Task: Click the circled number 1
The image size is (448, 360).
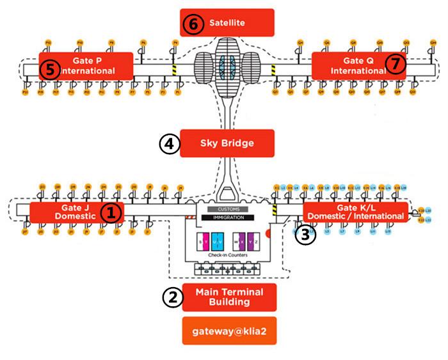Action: pyautogui.click(x=111, y=213)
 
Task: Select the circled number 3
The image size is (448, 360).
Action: pyautogui.click(x=306, y=235)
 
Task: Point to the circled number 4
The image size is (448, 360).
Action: pyautogui.click(x=168, y=144)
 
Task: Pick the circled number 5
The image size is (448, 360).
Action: pyautogui.click(x=49, y=69)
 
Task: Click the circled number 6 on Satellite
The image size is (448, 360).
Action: pyautogui.click(x=192, y=24)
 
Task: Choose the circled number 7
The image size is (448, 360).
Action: pyautogui.click(x=397, y=64)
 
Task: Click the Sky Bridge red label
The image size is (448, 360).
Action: pyautogui.click(x=227, y=143)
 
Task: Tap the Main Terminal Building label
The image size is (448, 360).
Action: pyautogui.click(x=229, y=297)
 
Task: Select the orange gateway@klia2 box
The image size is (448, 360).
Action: pyautogui.click(x=229, y=331)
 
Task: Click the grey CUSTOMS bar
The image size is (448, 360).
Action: pyautogui.click(x=228, y=209)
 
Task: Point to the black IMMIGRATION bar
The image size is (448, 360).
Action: pyautogui.click(x=228, y=217)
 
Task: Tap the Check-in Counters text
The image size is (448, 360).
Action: pyautogui.click(x=228, y=255)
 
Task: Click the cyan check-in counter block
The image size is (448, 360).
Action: pyautogui.click(x=218, y=242)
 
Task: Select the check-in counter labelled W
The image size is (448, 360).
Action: pyautogui.click(x=236, y=242)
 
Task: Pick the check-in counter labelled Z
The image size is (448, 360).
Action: pyautogui.click(x=255, y=242)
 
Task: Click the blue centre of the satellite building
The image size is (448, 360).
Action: pyautogui.click(x=227, y=64)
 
